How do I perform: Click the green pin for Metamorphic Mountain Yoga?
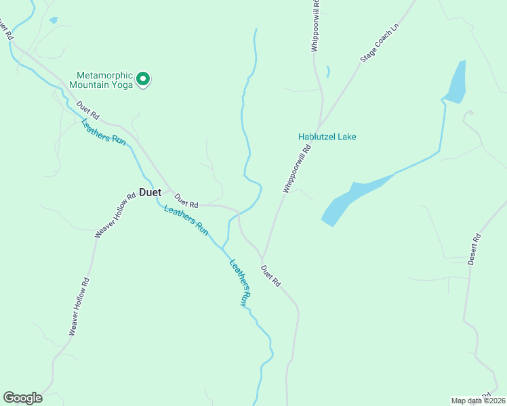(143, 79)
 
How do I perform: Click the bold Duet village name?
(150, 192)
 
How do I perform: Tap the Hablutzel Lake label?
(327, 137)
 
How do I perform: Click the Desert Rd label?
(474, 249)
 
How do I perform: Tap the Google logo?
(22, 398)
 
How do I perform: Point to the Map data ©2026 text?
(478, 401)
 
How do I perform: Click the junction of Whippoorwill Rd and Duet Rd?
(262, 258)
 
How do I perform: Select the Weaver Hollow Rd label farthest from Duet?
(79, 307)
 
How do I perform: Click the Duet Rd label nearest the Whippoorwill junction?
(270, 275)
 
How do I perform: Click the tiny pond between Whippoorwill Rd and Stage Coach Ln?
(328, 71)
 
